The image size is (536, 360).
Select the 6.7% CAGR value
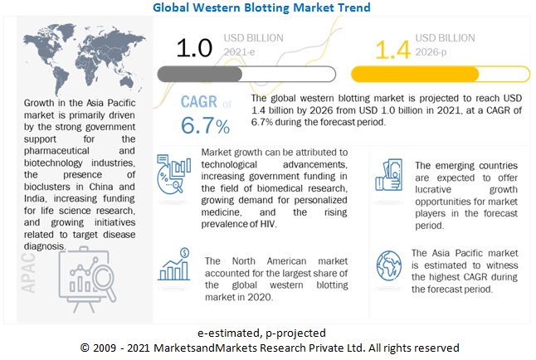click(x=205, y=127)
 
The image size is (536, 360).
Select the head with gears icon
click(x=173, y=175)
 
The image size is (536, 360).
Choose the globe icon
click(x=388, y=265)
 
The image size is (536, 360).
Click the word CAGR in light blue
click(x=199, y=103)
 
